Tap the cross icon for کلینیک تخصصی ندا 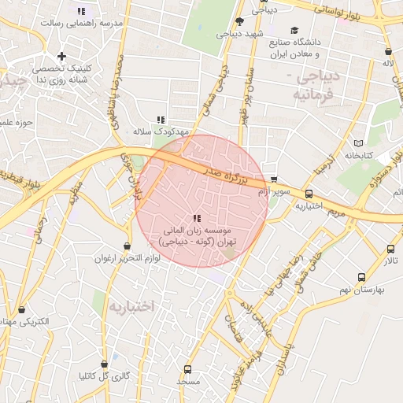point(62,56)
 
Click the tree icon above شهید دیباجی point(239,21)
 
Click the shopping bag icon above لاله point(387,50)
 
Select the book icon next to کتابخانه point(359,143)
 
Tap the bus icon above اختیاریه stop point(308,193)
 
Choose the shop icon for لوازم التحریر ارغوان point(127,246)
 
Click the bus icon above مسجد point(187,368)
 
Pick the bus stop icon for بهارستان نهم point(361,277)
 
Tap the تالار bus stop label point(391,261)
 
